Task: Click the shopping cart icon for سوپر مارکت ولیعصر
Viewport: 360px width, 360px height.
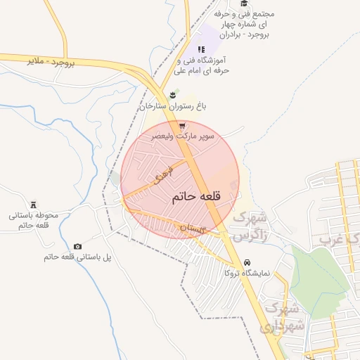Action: tap(182, 125)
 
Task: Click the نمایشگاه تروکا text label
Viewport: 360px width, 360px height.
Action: tap(250, 273)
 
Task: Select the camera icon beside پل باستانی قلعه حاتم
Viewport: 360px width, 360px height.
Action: tap(77, 246)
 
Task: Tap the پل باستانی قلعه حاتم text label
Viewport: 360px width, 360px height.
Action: tap(77, 257)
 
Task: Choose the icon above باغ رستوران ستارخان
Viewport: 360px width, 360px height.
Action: tap(172, 94)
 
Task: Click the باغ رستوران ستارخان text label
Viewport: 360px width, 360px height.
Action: tap(172, 106)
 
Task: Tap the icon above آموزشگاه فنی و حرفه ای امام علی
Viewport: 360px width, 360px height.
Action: tap(201, 49)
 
